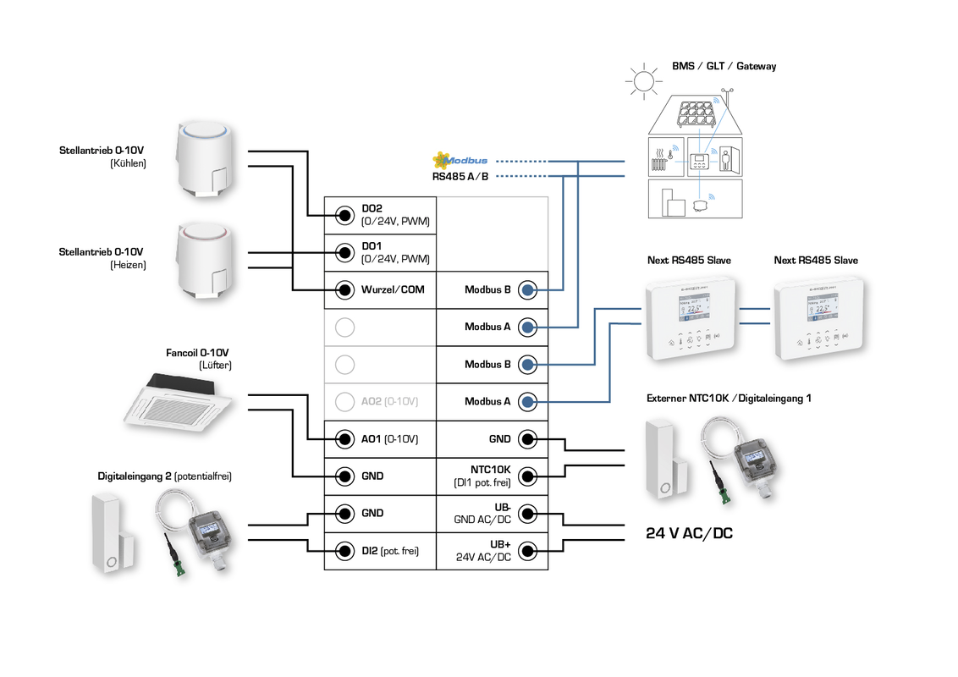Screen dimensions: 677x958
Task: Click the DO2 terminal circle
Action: coord(344,215)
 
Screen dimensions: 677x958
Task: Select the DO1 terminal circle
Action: coord(344,252)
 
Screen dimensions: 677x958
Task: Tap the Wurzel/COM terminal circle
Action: coord(344,289)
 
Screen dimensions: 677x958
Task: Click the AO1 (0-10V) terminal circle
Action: coord(344,438)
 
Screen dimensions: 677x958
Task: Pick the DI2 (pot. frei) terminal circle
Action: coord(344,550)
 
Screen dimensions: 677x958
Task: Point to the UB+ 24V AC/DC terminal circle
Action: coord(527,550)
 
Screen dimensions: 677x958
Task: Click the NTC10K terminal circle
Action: coord(527,476)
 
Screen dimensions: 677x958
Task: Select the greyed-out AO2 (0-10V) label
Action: coord(389,401)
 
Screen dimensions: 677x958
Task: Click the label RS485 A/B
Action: coord(460,177)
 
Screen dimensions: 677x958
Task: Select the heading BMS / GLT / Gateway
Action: coord(724,66)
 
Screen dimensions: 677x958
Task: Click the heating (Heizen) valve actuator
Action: coord(203,261)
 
